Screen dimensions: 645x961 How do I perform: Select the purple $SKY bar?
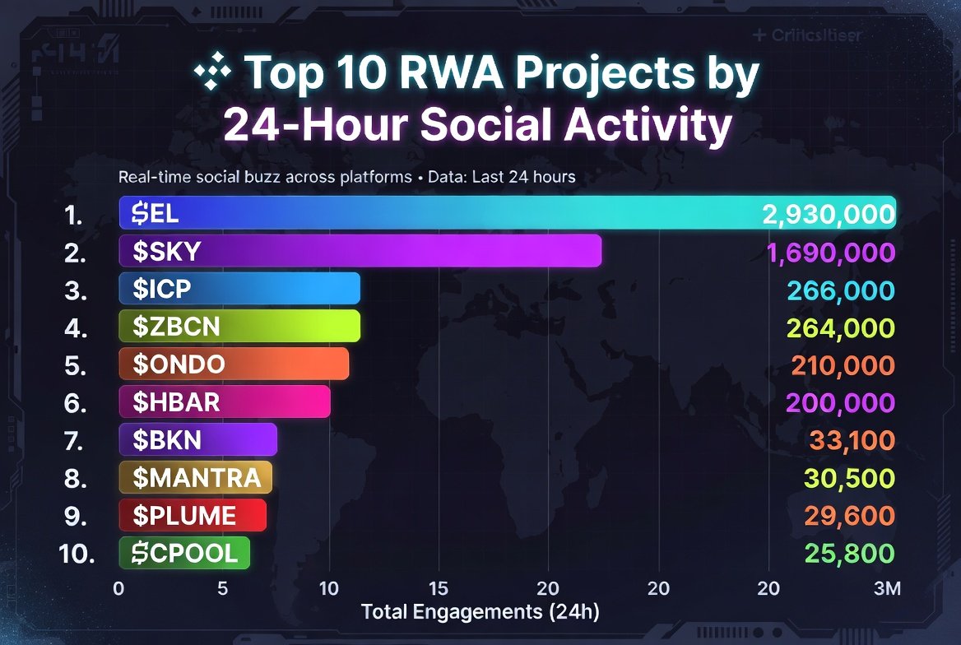[360, 251]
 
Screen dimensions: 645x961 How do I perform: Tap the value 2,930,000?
[828, 215]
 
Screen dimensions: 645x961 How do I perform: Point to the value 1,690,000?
[830, 253]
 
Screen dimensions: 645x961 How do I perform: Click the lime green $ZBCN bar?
[239, 327]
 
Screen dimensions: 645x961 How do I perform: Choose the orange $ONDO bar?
[234, 364]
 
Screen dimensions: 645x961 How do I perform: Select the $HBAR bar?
[225, 401]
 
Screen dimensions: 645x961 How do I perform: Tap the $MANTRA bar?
[195, 477]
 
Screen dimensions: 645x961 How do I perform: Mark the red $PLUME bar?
[193, 515]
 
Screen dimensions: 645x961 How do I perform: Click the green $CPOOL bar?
[184, 553]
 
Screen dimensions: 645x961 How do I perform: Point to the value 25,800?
[849, 553]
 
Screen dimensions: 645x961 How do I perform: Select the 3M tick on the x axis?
[887, 588]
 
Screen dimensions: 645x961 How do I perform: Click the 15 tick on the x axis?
[439, 588]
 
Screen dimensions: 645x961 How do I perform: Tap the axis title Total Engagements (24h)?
[480, 612]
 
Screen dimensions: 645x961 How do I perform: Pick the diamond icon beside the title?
[212, 75]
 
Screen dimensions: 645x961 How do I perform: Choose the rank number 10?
[77, 553]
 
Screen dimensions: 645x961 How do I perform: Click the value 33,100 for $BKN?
[851, 440]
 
